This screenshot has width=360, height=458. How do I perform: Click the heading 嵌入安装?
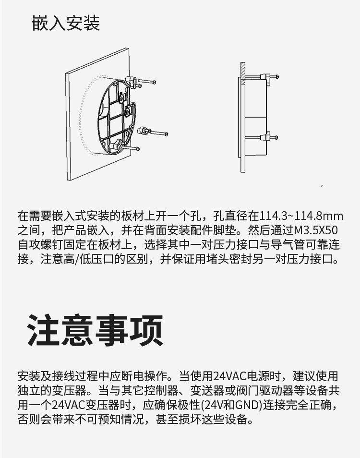66,23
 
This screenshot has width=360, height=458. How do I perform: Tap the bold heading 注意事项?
95,331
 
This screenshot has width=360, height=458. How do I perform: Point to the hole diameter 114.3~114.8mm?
301,216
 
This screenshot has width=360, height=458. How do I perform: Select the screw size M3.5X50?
316,230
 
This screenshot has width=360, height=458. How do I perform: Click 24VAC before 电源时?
230,376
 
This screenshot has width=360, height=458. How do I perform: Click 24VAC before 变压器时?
68,405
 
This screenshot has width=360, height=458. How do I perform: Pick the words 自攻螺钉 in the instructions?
40,244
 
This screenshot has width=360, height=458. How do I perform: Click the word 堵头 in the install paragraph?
217,259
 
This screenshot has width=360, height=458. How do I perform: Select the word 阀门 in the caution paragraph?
248,390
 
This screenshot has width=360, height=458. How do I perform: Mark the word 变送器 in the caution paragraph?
207,390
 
